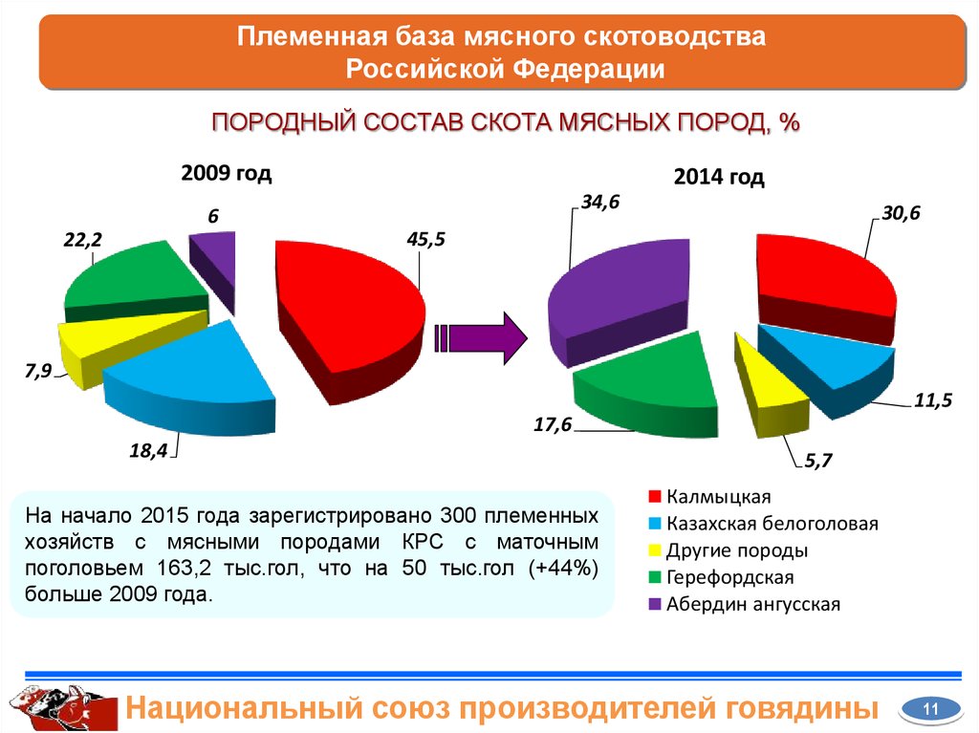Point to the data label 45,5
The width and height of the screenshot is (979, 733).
(x=425, y=240)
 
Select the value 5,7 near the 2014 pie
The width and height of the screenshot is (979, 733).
(x=818, y=463)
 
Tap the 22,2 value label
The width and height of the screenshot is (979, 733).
(x=82, y=242)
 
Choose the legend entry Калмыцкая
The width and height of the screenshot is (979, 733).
(x=719, y=497)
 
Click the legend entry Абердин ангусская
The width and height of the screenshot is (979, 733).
(x=753, y=604)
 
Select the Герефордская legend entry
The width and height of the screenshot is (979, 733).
(x=730, y=577)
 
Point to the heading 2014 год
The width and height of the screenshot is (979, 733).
(x=719, y=178)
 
